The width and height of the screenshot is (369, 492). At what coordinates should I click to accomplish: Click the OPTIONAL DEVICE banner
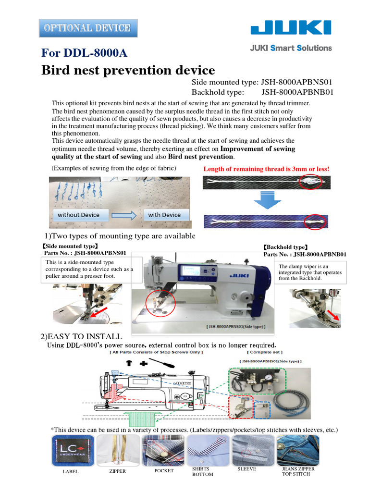87,28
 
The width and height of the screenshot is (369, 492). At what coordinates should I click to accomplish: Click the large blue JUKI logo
291,28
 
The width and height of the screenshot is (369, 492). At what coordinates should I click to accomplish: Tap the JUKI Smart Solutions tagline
291,48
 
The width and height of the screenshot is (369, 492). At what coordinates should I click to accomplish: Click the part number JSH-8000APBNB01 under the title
297,92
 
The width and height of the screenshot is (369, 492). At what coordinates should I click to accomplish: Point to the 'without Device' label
79,215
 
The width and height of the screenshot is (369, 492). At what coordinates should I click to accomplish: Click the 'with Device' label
164,215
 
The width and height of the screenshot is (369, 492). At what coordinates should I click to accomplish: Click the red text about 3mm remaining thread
266,169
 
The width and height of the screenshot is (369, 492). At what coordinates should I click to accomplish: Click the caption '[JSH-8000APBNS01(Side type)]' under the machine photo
235,327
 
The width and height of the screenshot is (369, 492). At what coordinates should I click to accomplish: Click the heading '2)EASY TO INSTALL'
81,336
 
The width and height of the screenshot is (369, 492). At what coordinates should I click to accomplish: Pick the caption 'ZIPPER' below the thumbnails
118,471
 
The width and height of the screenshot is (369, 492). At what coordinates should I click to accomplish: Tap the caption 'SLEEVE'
247,468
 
